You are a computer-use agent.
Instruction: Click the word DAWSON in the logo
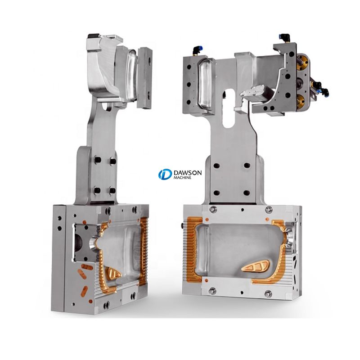[x=188, y=172]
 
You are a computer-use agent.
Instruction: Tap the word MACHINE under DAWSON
[x=183, y=177]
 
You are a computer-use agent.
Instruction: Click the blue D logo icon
[x=165, y=174]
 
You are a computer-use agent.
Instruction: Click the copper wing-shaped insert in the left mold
[x=113, y=273]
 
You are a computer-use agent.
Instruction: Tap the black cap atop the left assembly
[x=93, y=36]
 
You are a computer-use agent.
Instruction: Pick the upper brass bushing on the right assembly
[x=301, y=62]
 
